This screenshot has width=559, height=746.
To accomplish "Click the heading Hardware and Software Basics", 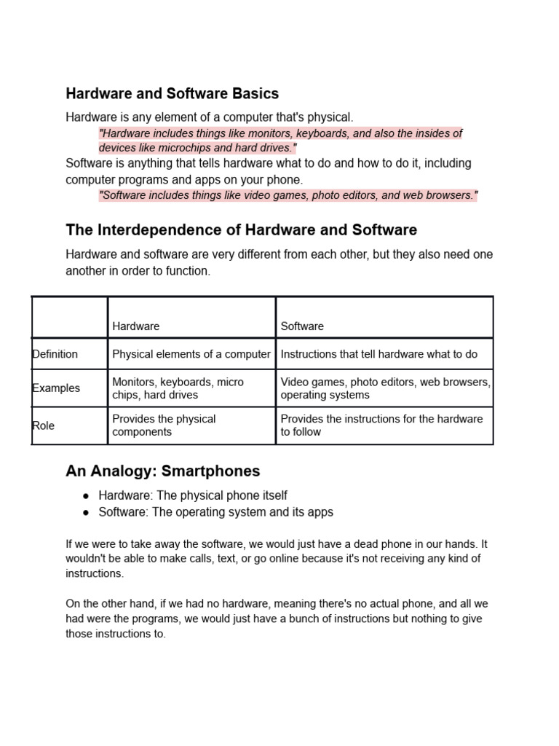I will tap(172, 94).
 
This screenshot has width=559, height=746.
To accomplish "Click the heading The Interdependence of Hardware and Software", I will tap(241, 230).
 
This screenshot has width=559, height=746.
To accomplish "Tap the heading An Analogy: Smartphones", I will tap(162, 471).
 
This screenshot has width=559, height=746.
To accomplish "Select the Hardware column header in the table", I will tap(136, 326).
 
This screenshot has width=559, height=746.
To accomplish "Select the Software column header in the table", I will tap(302, 326).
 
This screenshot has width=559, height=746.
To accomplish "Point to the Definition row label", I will tap(55, 354).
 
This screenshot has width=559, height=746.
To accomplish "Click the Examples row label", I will tap(56, 388).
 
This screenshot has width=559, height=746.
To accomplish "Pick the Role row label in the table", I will tap(44, 425).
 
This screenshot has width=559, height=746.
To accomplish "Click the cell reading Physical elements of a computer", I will tap(191, 354).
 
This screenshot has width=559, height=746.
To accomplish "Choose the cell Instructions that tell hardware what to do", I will tap(379, 354).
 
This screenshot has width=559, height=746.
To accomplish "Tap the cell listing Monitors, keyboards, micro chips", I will tap(178, 388).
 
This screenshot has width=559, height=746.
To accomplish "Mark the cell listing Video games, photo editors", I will tap(385, 388).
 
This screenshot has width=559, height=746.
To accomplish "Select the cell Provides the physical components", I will tap(164, 425).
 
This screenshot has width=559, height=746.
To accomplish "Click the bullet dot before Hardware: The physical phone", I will tap(86, 495).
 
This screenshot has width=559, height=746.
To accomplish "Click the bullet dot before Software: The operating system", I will tap(86, 512).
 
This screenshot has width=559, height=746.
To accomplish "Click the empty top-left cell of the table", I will tap(70, 318).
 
